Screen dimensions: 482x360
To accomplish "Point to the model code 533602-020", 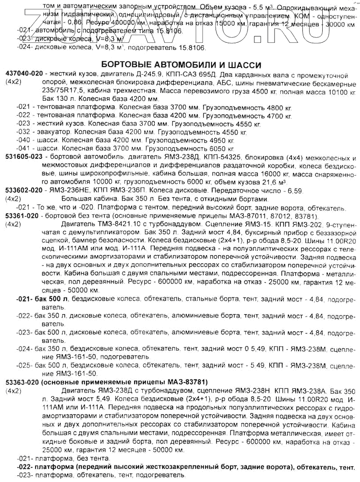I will click(24, 190).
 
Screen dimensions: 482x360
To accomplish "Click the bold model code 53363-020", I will click(22, 382).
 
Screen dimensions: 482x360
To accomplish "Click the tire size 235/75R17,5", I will click(49, 91).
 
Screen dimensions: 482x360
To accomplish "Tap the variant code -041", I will click(22, 149).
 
